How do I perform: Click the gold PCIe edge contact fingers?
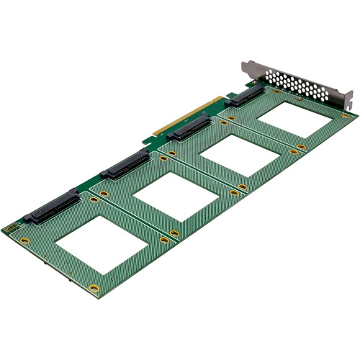[x=189, y=120]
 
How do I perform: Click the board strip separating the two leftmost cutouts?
[x=132, y=219]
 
